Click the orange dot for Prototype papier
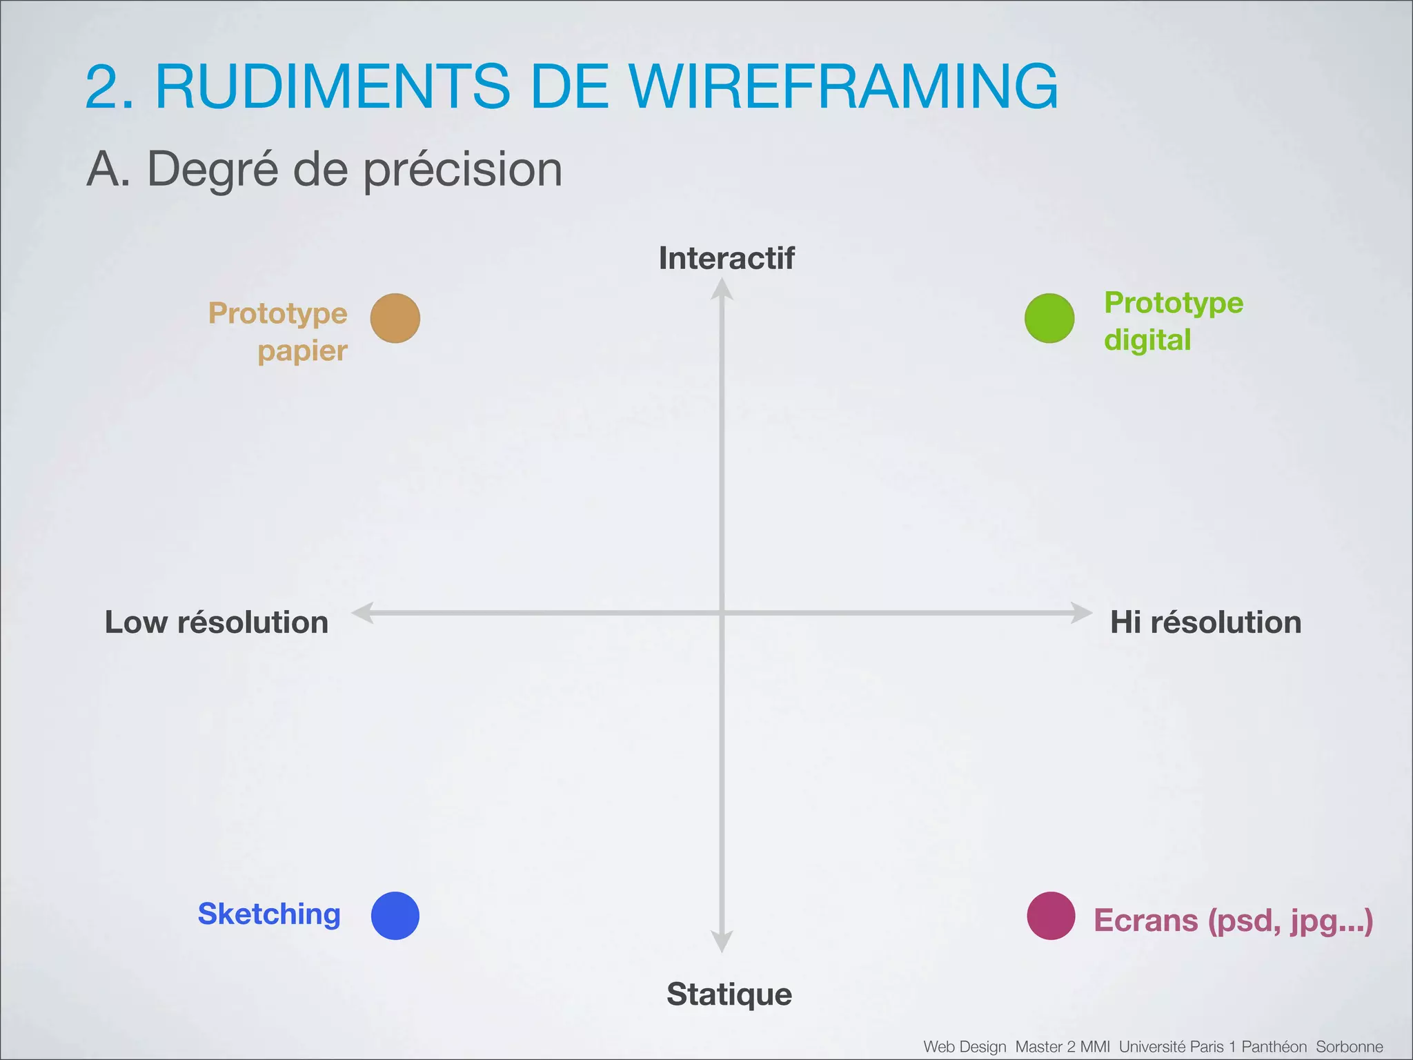click(395, 318)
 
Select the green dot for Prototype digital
click(1049, 318)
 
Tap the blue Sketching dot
click(395, 916)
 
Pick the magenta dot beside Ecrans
click(1051, 916)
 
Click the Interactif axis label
click(727, 258)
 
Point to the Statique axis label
click(729, 994)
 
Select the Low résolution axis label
click(216, 622)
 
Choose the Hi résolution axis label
click(1205, 622)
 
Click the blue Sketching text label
click(269, 914)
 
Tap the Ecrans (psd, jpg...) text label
click(1234, 921)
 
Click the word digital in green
click(1147, 340)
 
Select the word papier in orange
click(302, 351)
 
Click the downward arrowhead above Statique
click(722, 941)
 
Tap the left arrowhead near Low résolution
click(363, 612)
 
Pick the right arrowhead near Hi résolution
click(1081, 612)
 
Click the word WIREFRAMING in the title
click(844, 86)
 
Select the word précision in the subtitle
click(463, 170)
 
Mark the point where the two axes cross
click(722, 612)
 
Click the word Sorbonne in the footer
click(1349, 1047)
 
